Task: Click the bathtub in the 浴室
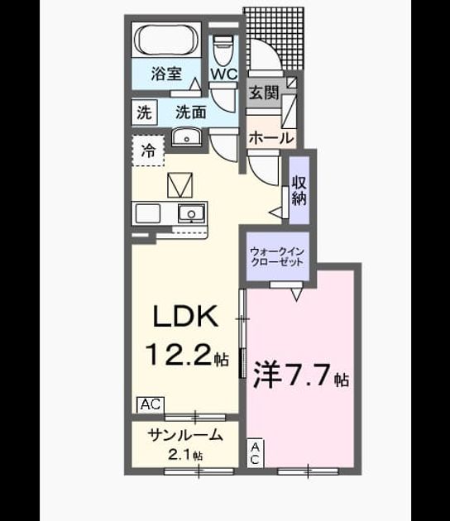[166, 41]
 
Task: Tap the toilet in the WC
[223, 50]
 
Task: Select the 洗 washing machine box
[144, 112]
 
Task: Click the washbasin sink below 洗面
[186, 137]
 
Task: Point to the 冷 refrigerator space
[148, 151]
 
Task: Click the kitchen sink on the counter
[191, 213]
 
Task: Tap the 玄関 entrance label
[264, 93]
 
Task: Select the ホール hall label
[271, 137]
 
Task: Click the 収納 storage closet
[299, 189]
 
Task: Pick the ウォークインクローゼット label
[277, 256]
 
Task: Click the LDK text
[186, 316]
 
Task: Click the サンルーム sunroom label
[184, 435]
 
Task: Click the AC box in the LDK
[151, 404]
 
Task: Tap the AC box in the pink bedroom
[255, 452]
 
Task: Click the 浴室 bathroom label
[166, 74]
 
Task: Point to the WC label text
[223, 74]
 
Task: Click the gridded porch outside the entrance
[274, 38]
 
